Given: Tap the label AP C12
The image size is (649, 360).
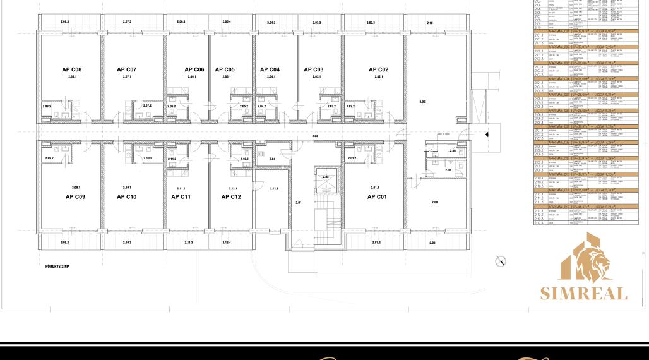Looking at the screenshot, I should coord(231,197).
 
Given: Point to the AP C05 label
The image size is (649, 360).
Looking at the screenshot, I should coord(225,69).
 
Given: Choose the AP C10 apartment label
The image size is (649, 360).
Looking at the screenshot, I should coord(126,197).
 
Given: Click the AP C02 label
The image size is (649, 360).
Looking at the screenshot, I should coord(379,69).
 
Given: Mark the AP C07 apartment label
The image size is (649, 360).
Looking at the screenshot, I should coord(126,69).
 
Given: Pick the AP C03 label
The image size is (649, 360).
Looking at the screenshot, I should coord(314,69).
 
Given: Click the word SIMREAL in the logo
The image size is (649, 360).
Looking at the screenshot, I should coord(584,294).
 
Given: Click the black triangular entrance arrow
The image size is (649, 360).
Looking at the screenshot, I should coord(487,135).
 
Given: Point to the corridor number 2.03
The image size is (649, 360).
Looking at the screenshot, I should coord(314,136).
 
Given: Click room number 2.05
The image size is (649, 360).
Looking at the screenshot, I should coord(422,101).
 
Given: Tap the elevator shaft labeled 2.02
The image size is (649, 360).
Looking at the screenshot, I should coord(326,177).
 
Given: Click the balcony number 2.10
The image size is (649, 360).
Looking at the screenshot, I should coord(430,23).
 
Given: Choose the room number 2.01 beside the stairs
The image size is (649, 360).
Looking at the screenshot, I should coord(299,202).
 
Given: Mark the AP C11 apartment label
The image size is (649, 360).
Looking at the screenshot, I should coord(181,197).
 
